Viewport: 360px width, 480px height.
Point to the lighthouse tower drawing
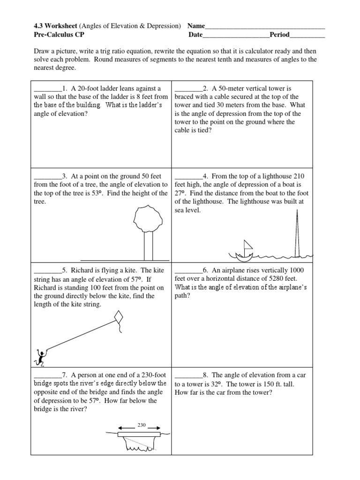[297, 234]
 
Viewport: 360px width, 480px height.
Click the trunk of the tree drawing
[148, 246]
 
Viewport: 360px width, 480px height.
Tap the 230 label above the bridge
[142, 425]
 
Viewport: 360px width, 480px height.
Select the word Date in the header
[196, 35]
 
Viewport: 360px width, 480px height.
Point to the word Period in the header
[279, 35]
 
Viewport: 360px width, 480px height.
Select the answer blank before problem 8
[188, 375]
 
